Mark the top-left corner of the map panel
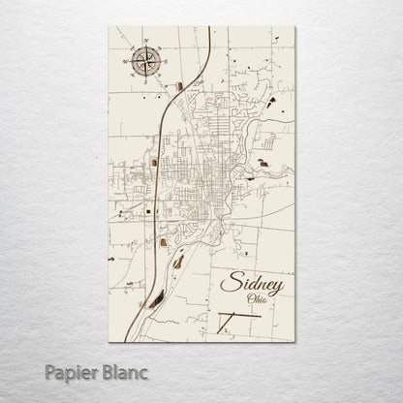click(x=108, y=26)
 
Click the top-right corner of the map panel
click(x=296, y=26)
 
